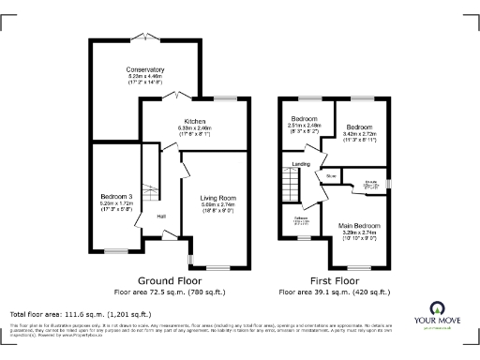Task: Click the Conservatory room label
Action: (145, 68)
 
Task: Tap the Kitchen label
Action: (195, 121)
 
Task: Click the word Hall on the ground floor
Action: (161, 217)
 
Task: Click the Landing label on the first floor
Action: (301, 164)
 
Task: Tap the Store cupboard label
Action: (331, 174)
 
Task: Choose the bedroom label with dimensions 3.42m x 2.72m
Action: (359, 126)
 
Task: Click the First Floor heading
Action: (335, 280)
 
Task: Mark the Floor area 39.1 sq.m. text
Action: (335, 292)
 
